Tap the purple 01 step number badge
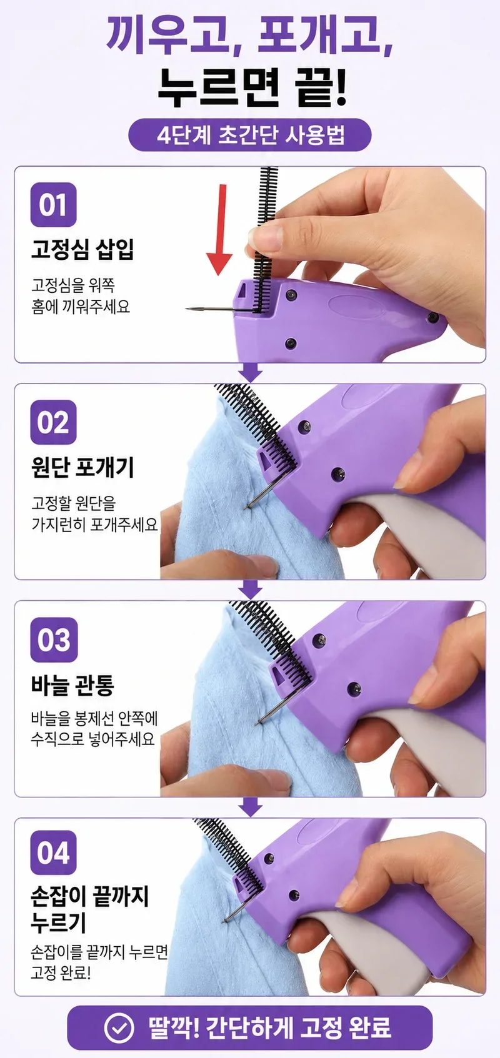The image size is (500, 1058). (53, 204)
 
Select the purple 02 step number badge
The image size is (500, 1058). (53, 422)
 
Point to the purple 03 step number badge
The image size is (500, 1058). (53, 640)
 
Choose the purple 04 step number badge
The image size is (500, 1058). (53, 853)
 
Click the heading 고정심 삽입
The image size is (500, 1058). (82, 249)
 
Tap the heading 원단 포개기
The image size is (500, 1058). (82, 467)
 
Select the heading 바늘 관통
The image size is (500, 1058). (72, 685)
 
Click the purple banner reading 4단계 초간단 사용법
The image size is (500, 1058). (250, 135)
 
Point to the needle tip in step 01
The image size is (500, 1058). (187, 309)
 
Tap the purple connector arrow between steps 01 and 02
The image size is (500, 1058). (250, 373)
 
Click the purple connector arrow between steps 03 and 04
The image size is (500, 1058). (250, 808)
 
